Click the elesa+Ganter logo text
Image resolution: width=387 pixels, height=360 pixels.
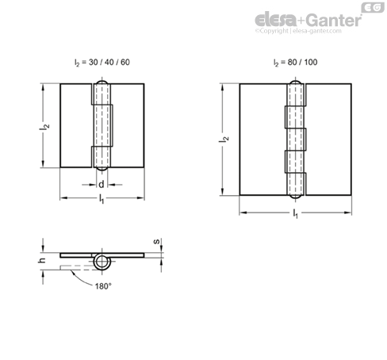(308, 20)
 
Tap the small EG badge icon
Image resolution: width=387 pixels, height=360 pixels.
(373, 7)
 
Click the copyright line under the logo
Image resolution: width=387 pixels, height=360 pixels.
(298, 31)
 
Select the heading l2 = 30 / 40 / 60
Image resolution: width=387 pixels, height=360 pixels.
(102, 63)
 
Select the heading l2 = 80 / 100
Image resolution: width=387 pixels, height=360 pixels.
(295, 63)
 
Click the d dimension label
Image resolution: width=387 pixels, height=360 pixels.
(102, 184)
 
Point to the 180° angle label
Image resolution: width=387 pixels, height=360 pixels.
(103, 286)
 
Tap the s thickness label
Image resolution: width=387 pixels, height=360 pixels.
(157, 241)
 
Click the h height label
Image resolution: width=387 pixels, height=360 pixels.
(41, 260)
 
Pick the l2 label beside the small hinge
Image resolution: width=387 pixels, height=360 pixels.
(44, 127)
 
